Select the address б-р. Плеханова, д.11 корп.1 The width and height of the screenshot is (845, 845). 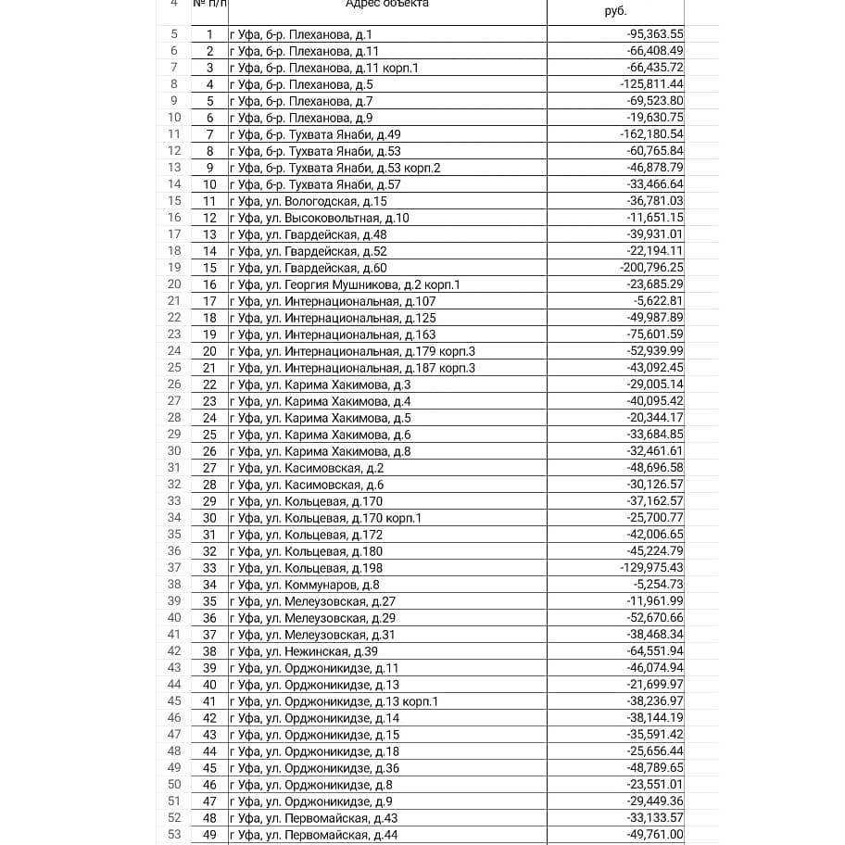click(323, 68)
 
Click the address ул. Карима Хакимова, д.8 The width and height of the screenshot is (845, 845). click(320, 451)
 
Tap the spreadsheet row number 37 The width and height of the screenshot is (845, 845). click(174, 568)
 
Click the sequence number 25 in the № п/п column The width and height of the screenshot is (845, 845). click(209, 435)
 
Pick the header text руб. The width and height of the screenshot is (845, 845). click(615, 11)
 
